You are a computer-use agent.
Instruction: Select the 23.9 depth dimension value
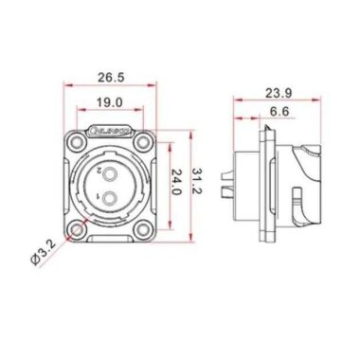(278, 95)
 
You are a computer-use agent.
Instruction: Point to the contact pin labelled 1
(112, 198)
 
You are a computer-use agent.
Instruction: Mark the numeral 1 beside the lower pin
(99, 196)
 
